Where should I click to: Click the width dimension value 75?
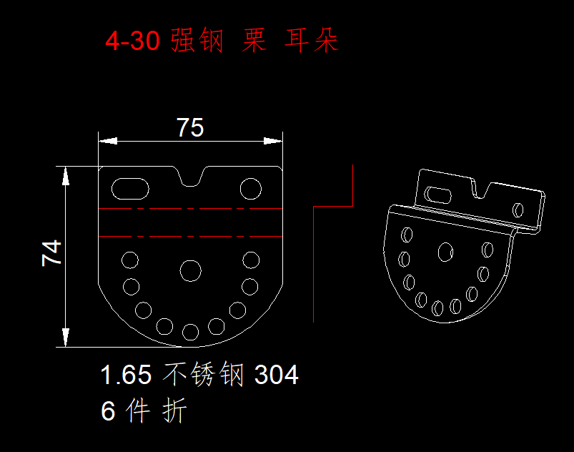(190, 127)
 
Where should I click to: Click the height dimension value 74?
(51, 253)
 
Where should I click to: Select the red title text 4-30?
(132, 40)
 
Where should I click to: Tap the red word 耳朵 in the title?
(312, 40)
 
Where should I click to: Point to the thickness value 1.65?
(126, 375)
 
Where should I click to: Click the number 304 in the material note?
(277, 375)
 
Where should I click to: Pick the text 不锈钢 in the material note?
(203, 374)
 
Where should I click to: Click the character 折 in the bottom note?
(174, 411)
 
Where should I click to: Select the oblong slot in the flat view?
(130, 189)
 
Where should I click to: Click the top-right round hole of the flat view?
(251, 189)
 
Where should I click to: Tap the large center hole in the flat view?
(190, 271)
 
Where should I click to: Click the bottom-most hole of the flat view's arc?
(190, 333)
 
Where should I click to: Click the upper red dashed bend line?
(190, 208)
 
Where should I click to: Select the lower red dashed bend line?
(190, 236)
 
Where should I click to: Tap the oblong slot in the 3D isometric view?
(437, 195)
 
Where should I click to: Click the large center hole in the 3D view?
(445, 252)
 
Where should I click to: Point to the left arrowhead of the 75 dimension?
(108, 141)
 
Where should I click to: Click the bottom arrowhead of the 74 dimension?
(66, 338)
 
